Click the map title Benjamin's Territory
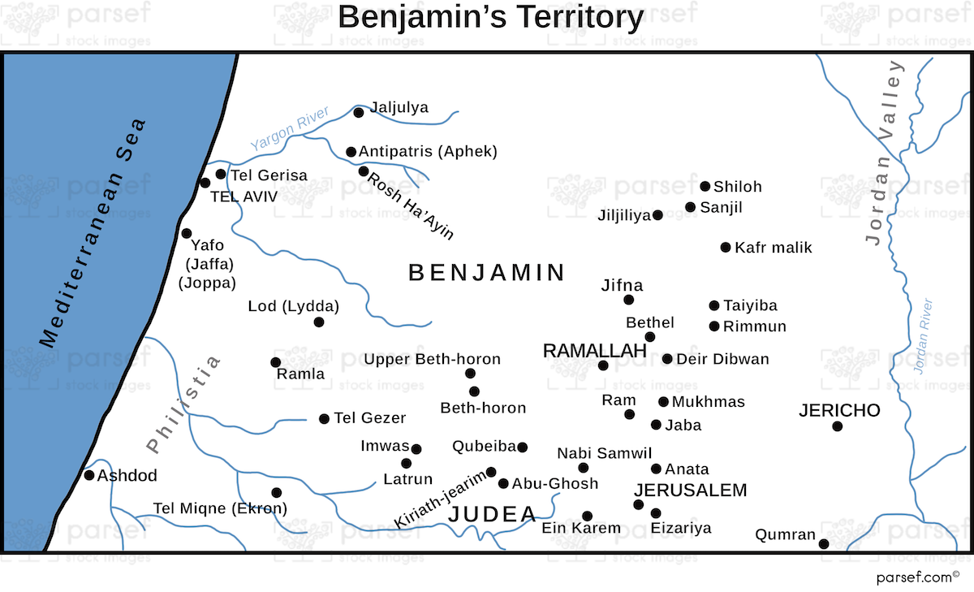tap(490, 18)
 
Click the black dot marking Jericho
tap(837, 426)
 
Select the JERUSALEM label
tap(691, 490)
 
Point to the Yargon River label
tap(289, 129)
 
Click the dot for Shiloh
tap(705, 187)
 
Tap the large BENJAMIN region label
tap(487, 273)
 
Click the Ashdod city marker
tap(89, 475)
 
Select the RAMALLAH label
tap(594, 351)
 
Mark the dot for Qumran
tap(824, 544)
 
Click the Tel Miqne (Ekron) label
tap(220, 509)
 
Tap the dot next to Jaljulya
tap(359, 113)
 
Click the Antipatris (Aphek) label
tap(428, 151)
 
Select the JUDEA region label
tap(493, 514)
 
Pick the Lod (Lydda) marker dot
tap(319, 322)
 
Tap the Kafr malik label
tap(773, 248)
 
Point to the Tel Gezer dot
tap(325, 419)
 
